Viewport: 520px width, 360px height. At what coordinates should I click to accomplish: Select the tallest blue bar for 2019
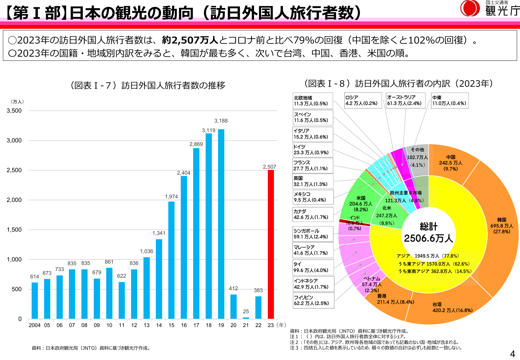pos(221,224)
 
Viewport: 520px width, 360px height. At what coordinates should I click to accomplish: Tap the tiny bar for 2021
pos(246,318)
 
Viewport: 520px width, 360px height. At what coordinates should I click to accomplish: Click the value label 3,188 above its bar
pos(221,121)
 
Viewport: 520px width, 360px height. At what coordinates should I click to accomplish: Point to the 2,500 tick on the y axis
pos(14,170)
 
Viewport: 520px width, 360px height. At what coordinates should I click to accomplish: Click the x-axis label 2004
pos(35,325)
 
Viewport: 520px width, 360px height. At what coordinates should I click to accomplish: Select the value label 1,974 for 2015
pos(171,196)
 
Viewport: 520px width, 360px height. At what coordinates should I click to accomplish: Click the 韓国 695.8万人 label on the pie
pos(501,226)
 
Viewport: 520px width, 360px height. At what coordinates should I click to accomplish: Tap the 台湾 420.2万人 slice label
pos(452,307)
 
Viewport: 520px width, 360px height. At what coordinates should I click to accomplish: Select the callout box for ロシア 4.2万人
pos(363,100)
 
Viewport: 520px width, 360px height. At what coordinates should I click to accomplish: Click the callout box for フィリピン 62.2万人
pos(313,300)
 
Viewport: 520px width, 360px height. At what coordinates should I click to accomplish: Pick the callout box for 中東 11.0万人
pos(449,100)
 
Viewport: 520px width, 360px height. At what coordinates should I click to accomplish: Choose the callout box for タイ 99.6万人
pos(313,267)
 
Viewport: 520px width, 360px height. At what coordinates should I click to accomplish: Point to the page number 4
pos(512,354)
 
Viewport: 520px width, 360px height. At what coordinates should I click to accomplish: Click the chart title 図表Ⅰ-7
pos(148,85)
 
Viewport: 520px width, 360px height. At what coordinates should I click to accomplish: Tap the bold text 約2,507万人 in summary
pos(190,40)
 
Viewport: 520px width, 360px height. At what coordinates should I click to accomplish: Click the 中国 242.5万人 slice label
pos(451,163)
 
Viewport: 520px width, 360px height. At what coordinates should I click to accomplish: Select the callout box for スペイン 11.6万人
pos(313,117)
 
